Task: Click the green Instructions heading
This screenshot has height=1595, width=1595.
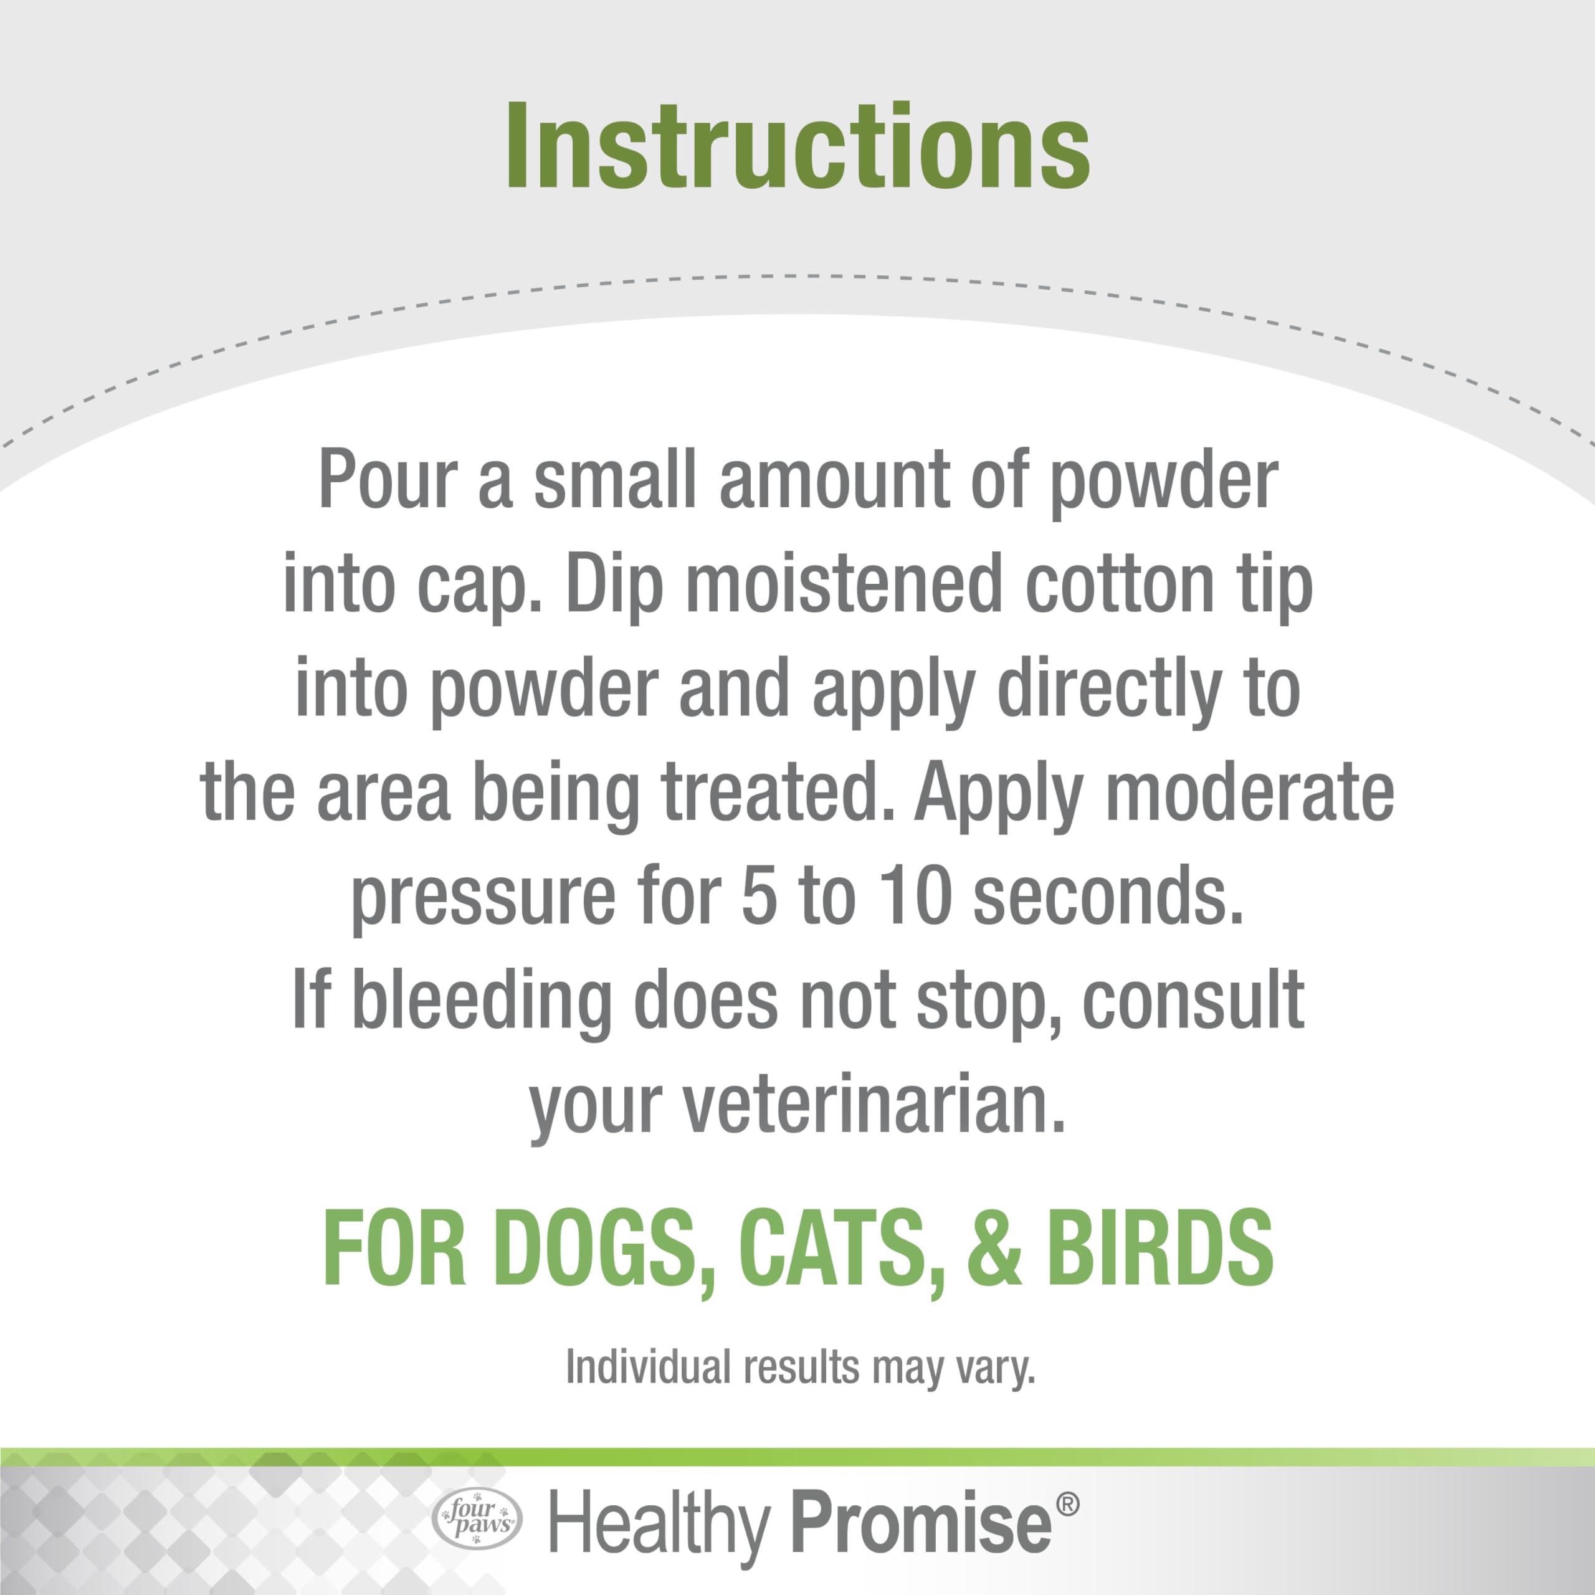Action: [x=797, y=147]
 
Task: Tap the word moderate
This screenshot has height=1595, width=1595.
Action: [x=1249, y=794]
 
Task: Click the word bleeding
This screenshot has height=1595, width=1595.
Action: [x=482, y=1001]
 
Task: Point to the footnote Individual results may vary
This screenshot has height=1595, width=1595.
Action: [x=800, y=1367]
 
